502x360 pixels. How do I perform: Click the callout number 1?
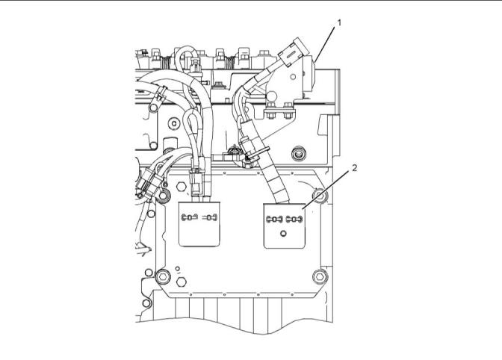pos(339,23)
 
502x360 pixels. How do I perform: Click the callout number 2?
pos(354,168)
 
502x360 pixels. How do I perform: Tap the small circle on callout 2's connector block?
pos(283,233)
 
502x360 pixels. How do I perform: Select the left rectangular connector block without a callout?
pos(199,224)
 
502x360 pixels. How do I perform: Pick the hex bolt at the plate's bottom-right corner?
pos(320,276)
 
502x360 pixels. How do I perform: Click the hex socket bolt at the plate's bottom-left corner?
pos(163,276)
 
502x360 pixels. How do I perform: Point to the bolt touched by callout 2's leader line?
pos(320,194)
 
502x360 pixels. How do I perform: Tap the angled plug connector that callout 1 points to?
pos(294,52)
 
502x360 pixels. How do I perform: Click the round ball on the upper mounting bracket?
pos(271,96)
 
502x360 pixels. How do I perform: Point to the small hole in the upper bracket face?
pos(293,77)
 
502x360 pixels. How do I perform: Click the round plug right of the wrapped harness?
pos(298,154)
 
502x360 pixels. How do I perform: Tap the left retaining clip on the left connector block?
pos(189,217)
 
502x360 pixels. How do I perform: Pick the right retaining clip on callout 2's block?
pos(294,219)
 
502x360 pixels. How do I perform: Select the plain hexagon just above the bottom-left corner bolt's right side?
pos(182,282)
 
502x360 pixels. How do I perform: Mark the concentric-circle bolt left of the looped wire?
pos(174,123)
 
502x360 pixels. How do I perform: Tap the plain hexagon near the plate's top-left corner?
pos(181,187)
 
